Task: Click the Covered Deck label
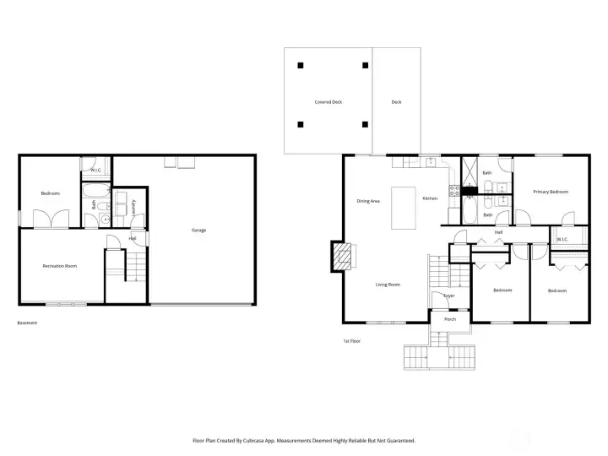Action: pos(328,102)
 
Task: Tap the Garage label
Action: pos(198,230)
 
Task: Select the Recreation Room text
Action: pos(60,266)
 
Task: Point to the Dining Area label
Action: pos(368,201)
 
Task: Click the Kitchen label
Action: pos(430,198)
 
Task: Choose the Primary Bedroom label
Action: pos(550,192)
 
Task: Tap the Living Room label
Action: pos(388,285)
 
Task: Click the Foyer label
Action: pos(449,296)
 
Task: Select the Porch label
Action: pos(450,319)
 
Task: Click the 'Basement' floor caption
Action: pos(27,323)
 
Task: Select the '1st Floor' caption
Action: pos(351,341)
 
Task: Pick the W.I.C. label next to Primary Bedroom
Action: pos(561,239)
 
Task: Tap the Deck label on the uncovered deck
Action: pos(396,102)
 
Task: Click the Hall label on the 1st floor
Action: pos(499,231)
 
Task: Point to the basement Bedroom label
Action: pos(50,193)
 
